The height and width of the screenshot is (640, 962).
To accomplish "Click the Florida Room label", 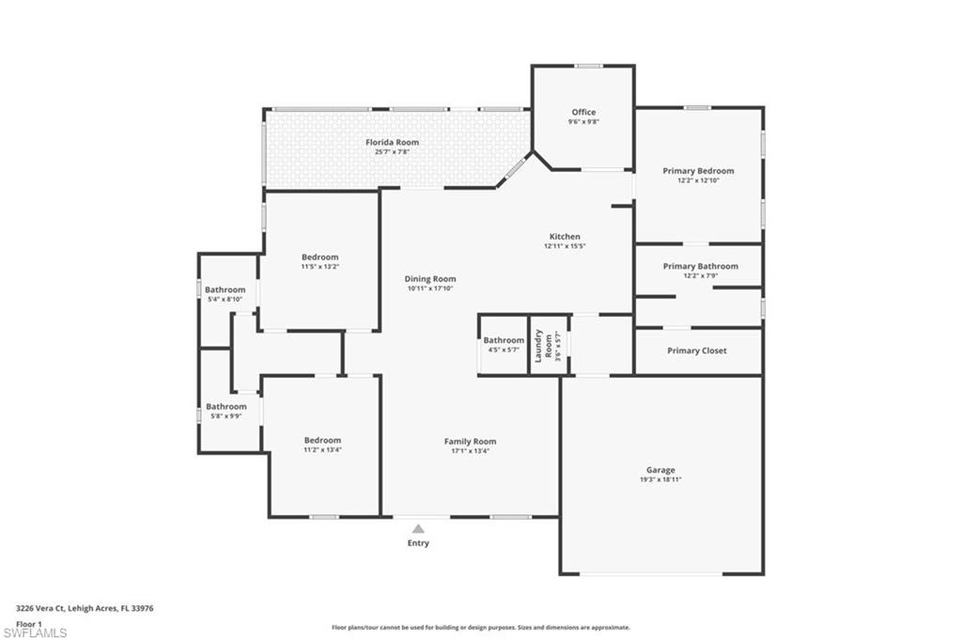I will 393,143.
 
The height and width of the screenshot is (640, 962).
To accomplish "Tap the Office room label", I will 583,112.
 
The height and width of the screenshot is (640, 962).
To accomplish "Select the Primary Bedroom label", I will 698,171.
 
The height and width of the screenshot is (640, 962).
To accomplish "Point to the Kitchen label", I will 565,237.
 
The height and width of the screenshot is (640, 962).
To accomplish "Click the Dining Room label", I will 430,279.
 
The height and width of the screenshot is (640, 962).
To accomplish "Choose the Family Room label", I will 470,442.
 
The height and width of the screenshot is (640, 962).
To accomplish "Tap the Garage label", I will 660,470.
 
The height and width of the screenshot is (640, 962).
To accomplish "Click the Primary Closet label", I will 696,351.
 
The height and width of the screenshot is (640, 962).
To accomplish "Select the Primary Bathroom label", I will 700,266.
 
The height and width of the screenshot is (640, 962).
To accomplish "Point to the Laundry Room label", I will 539,345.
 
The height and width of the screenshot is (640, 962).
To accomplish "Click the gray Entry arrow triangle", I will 418,529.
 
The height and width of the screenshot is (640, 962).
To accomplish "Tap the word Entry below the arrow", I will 418,543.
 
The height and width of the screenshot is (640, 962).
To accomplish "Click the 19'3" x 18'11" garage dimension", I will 660,479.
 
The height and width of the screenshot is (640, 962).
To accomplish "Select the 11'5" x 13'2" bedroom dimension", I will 319,267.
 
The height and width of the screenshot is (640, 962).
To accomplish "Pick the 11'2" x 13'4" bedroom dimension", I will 322,450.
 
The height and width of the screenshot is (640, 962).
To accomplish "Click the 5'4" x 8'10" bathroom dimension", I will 225,300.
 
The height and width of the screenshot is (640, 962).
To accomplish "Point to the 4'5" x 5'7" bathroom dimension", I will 504,350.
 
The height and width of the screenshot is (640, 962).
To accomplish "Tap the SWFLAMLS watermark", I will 35,632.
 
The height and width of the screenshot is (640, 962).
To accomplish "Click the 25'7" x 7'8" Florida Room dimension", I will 393,152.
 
